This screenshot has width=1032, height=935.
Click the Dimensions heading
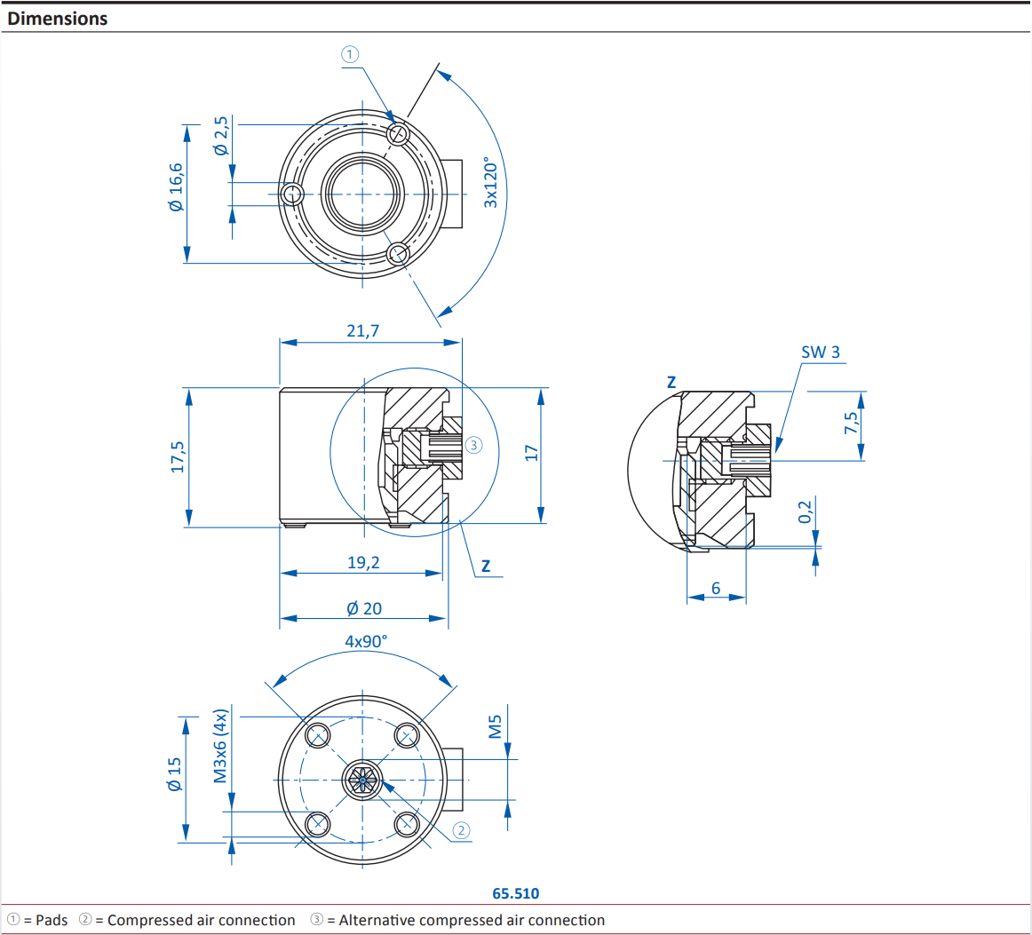[58, 19]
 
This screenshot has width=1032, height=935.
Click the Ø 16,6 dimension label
[175, 186]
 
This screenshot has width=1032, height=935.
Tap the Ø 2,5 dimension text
[221, 136]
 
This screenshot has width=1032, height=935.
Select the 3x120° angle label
[491, 183]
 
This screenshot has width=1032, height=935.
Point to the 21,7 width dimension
[362, 330]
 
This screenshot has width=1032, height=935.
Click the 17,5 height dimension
[178, 456]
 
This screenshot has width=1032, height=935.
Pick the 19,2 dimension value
[363, 562]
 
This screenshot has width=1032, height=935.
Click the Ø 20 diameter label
[364, 608]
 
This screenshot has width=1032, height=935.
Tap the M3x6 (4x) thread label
[221, 745]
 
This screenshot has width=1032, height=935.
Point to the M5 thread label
[496, 727]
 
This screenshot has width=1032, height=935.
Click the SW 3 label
[820, 352]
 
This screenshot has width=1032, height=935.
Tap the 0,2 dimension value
[805, 511]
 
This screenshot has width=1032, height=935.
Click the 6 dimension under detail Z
[716, 588]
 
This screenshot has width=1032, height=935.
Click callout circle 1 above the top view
[350, 54]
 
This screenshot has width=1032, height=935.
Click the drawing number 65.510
[515, 893]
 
